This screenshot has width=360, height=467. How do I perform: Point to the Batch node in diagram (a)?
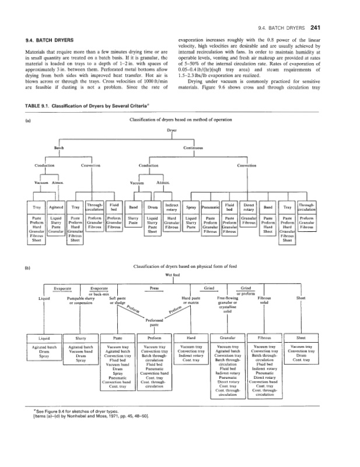click(x=60, y=148)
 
